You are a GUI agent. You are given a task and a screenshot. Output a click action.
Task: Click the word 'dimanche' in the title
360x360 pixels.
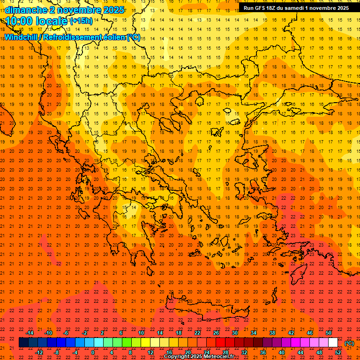[x=26, y=10]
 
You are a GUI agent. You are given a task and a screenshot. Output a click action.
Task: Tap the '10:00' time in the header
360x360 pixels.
[x=19, y=21]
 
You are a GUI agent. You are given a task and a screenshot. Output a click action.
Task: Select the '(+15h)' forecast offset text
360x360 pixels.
[x=81, y=21]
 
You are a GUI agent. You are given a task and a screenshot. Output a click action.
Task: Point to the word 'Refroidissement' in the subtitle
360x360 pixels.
[x=75, y=37]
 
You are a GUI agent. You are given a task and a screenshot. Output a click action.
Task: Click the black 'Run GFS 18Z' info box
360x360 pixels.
[x=296, y=8]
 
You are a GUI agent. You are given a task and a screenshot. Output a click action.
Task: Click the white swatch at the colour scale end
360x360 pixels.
[x=333, y=343]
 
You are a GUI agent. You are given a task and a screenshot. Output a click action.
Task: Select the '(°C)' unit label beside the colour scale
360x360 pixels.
[x=349, y=343]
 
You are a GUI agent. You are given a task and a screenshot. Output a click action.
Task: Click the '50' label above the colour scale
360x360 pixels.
[x=329, y=333]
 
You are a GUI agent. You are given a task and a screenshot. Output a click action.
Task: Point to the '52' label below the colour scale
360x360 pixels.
[x=338, y=352]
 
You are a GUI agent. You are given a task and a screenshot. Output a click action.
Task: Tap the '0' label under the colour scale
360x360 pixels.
[x=93, y=352]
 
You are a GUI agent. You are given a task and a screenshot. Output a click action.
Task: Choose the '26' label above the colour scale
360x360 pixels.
[x=216, y=333]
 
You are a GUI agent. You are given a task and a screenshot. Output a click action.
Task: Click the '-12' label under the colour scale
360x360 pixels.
[x=39, y=352]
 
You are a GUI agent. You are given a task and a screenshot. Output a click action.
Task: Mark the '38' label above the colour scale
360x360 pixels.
[x=272, y=333]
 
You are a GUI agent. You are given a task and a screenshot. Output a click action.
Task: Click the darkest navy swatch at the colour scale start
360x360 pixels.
[x=23, y=343]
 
